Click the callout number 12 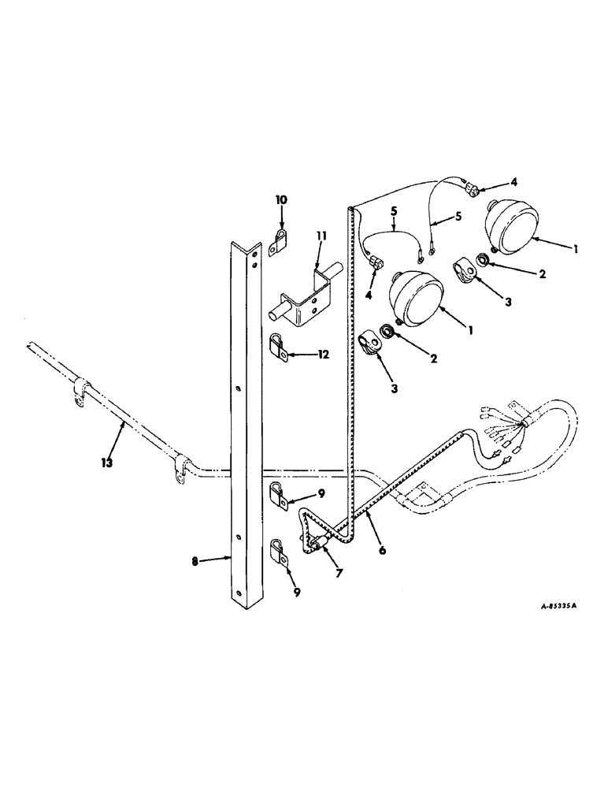324,355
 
